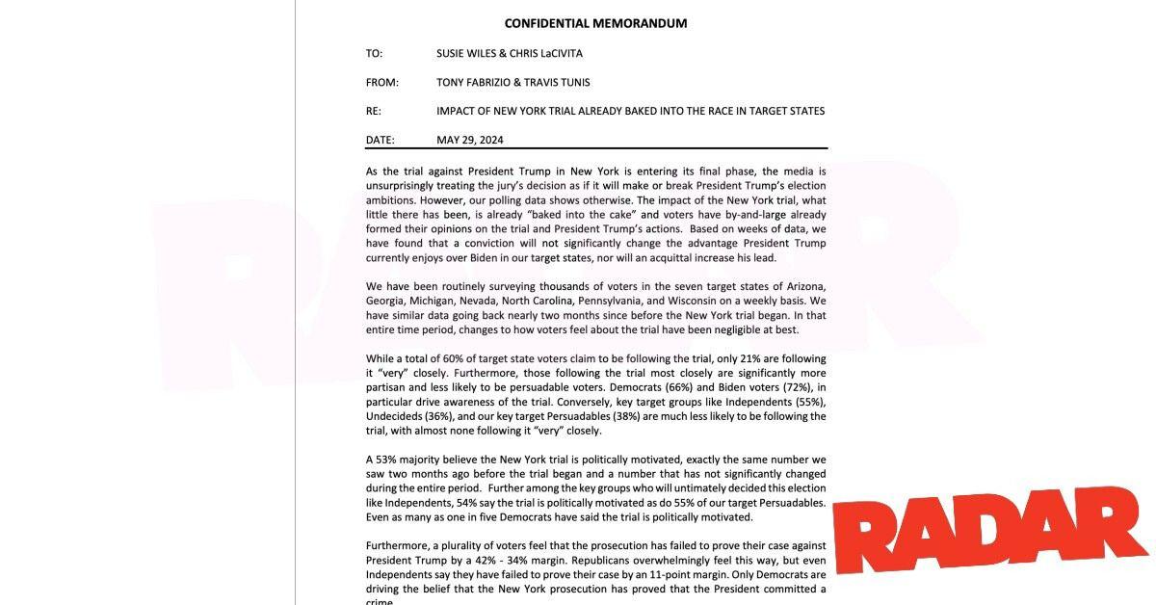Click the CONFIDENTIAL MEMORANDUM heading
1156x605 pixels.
click(x=595, y=23)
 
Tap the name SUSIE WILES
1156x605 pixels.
click(x=468, y=54)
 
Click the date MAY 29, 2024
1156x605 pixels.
click(x=469, y=141)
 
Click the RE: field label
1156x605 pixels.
click(x=374, y=112)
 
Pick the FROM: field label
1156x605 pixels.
click(x=381, y=83)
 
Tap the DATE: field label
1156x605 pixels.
click(x=380, y=141)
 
